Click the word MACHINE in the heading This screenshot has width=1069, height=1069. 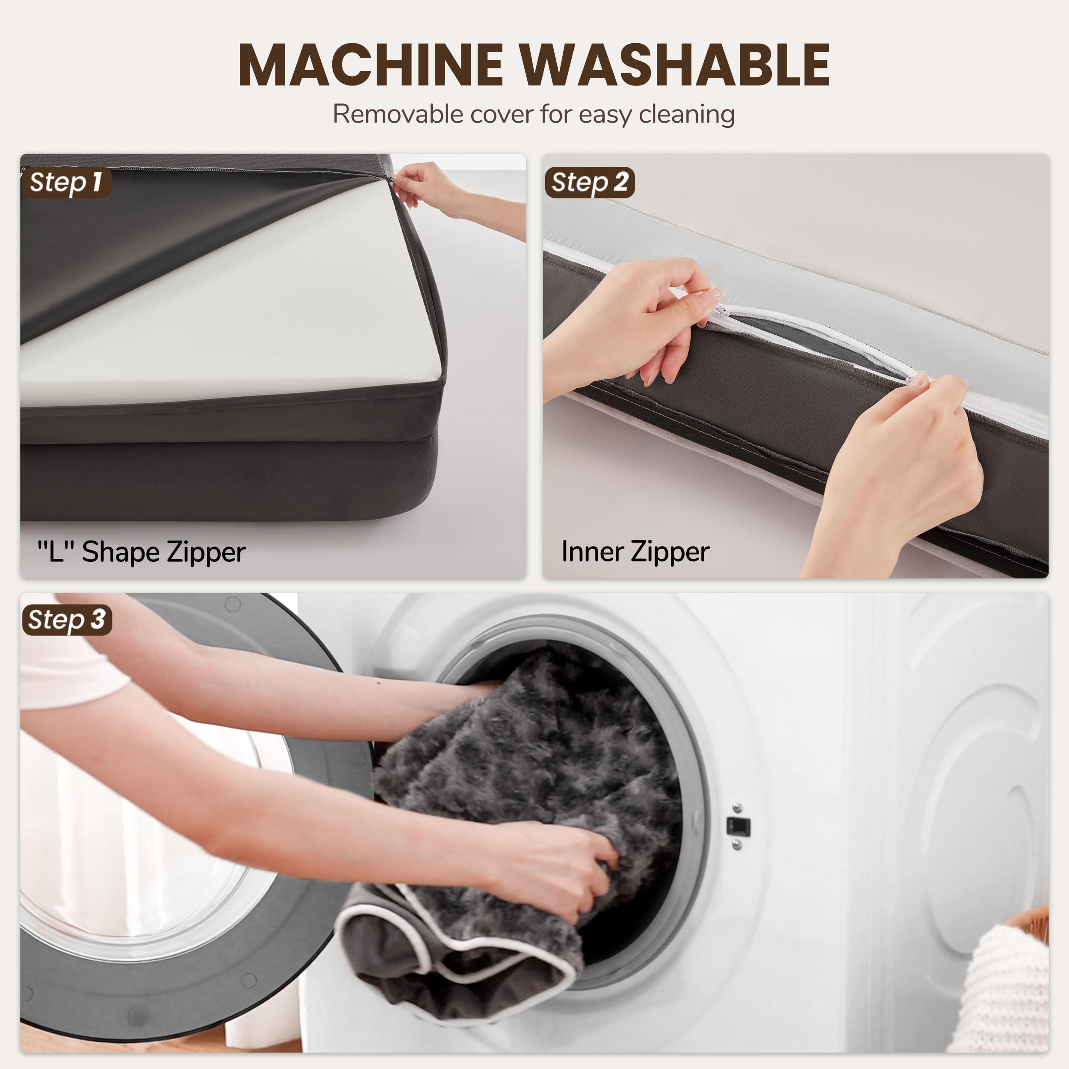coord(369,65)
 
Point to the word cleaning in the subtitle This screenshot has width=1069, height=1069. coord(686,115)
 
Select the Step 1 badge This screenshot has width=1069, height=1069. coord(66,183)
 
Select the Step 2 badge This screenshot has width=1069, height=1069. coord(589,183)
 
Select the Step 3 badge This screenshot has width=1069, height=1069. coord(66,620)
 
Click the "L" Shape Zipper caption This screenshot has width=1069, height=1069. coord(141,552)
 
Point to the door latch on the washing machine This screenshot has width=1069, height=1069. coord(738,826)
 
